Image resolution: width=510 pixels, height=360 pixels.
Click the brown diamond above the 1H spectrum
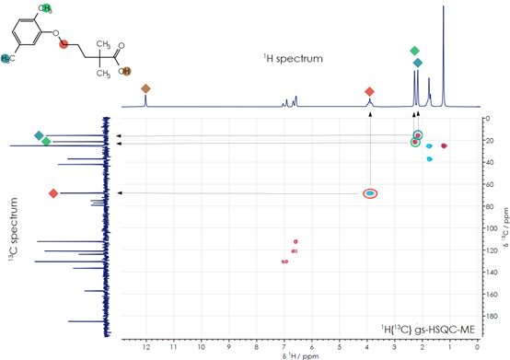pos(145,88)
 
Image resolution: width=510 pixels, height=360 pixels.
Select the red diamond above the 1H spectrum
pos(369,91)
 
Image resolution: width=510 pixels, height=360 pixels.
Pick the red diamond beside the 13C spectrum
pos(53,193)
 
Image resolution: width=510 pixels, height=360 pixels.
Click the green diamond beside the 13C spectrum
pos(46,141)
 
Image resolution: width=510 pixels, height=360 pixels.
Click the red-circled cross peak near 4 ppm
pos(369,193)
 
